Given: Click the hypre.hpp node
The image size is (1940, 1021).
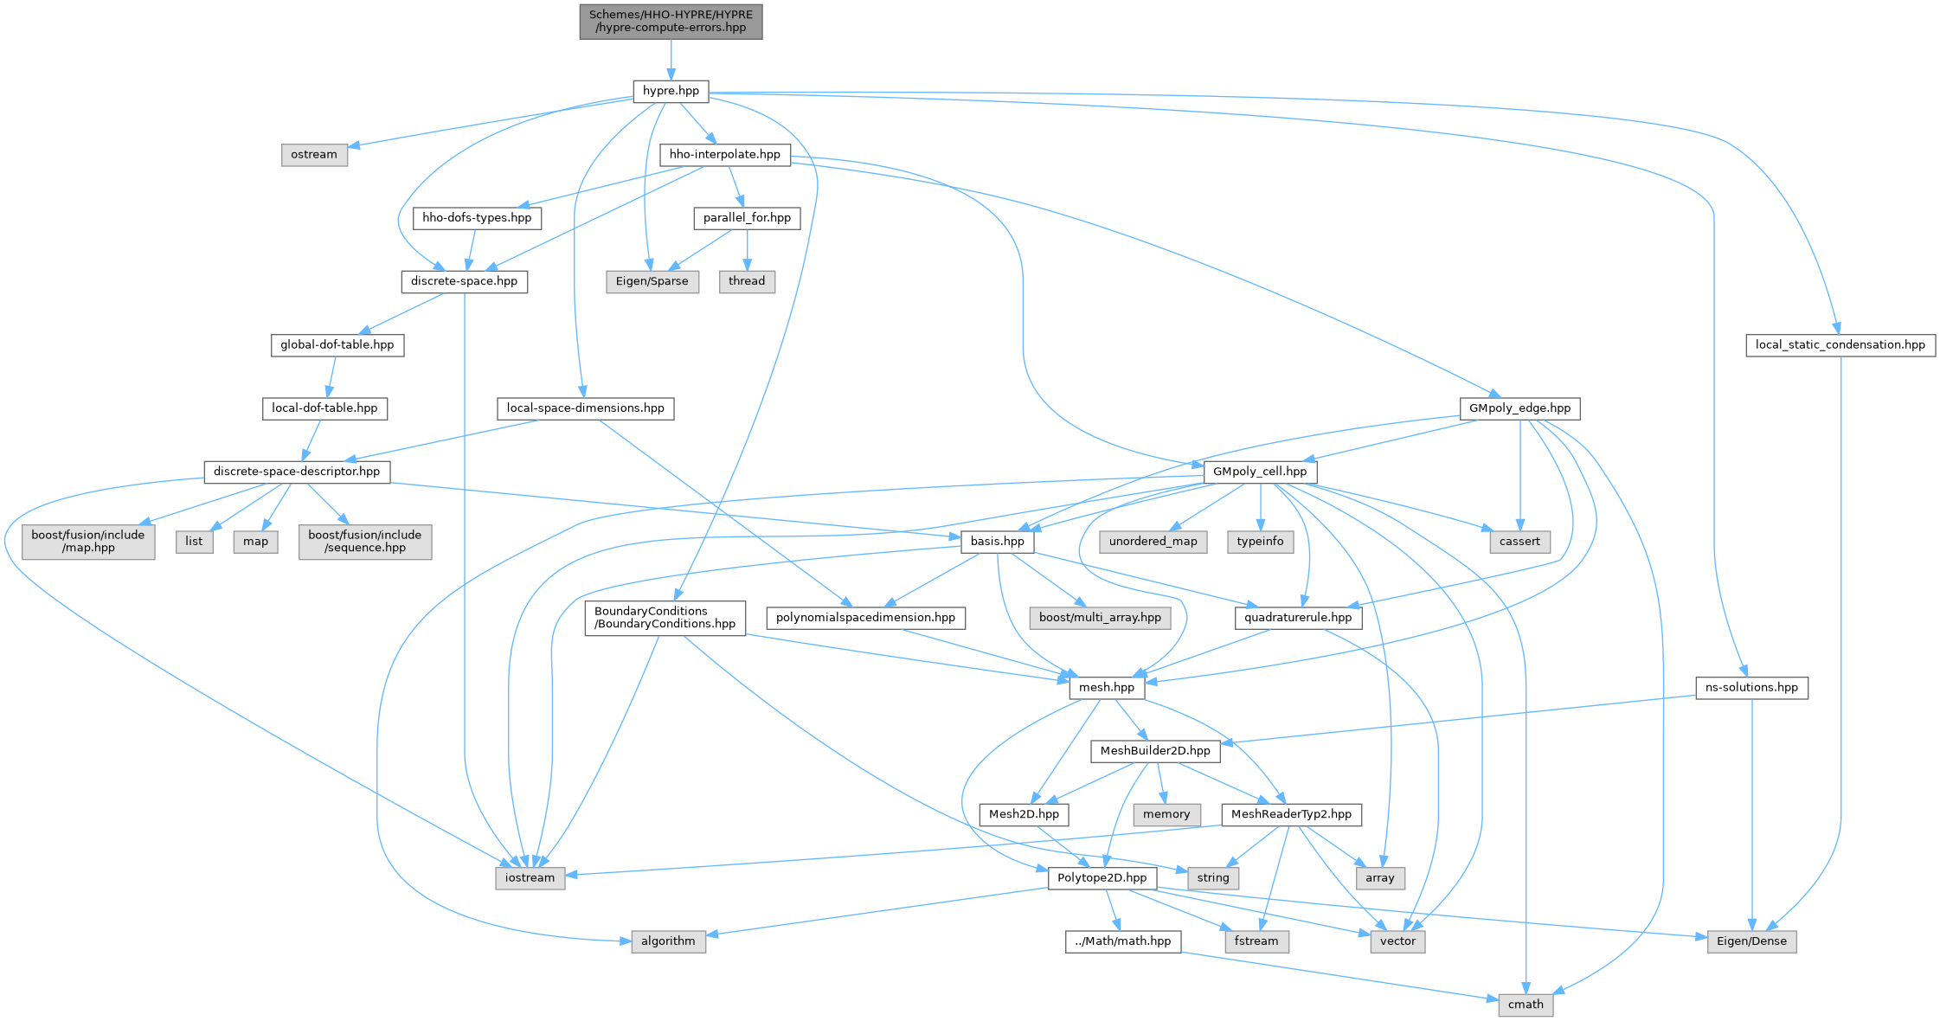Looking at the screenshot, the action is point(671,91).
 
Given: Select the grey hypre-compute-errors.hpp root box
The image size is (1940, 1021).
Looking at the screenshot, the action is point(671,21).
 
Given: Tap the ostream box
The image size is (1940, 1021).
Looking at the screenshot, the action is point(314,155).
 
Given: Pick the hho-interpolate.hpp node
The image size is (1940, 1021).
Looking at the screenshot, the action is point(725,155).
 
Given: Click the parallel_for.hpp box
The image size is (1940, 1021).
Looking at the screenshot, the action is point(747,218).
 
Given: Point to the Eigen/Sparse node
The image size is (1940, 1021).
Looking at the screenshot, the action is point(652,281).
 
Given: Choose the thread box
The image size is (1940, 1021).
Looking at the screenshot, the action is point(747,281).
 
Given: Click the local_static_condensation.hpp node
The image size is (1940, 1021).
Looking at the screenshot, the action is point(1840,345).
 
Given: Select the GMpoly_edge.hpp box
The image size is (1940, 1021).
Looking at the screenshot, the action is point(1520,408).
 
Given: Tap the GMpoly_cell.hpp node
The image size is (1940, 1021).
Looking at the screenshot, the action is point(1260,472).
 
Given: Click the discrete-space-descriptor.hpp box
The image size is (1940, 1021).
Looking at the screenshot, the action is point(297,472).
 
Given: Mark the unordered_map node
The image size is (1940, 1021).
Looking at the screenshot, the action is point(1153,542).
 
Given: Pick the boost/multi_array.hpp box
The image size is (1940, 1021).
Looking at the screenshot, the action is point(1100,618).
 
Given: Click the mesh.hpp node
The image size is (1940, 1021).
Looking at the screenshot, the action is point(1107,688).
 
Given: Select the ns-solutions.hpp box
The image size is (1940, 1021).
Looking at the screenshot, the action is point(1751,688).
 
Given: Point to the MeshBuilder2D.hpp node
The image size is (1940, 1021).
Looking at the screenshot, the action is point(1155,751).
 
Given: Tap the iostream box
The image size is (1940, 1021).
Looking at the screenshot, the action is point(530,878).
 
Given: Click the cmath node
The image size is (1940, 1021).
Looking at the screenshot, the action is point(1526,1005).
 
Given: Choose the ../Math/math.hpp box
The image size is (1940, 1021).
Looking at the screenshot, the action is point(1123,941).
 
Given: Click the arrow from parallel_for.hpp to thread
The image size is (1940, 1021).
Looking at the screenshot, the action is point(747,249).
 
